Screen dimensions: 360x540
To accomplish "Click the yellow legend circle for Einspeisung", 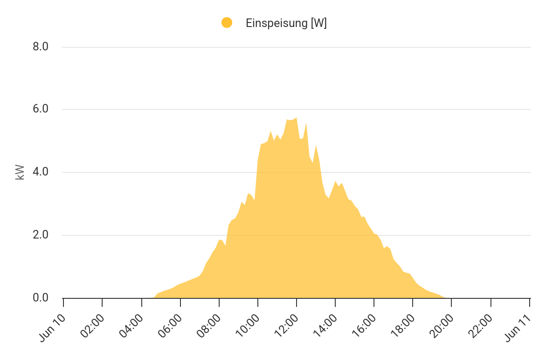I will pyautogui.click(x=227, y=22).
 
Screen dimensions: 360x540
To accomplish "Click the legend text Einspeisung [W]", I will pyautogui.click(x=286, y=23).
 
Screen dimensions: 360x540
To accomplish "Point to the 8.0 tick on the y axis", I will pyautogui.click(x=40, y=47).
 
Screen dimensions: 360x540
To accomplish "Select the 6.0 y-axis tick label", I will pyautogui.click(x=40, y=109).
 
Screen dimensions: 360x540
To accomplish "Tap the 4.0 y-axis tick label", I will pyautogui.click(x=40, y=172).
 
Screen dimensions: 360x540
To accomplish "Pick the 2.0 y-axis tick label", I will pyautogui.click(x=40, y=235).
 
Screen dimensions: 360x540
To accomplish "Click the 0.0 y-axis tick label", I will pyautogui.click(x=40, y=298).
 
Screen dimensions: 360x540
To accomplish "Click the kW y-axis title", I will pyautogui.click(x=20, y=172).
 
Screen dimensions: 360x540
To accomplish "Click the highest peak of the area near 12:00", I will pyautogui.click(x=296, y=118).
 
